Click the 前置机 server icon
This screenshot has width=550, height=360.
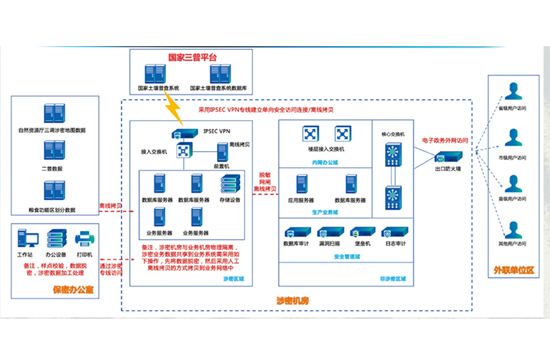[221, 154]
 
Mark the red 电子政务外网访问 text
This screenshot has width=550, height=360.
[445, 139]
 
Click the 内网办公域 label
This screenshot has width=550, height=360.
[323, 161]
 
